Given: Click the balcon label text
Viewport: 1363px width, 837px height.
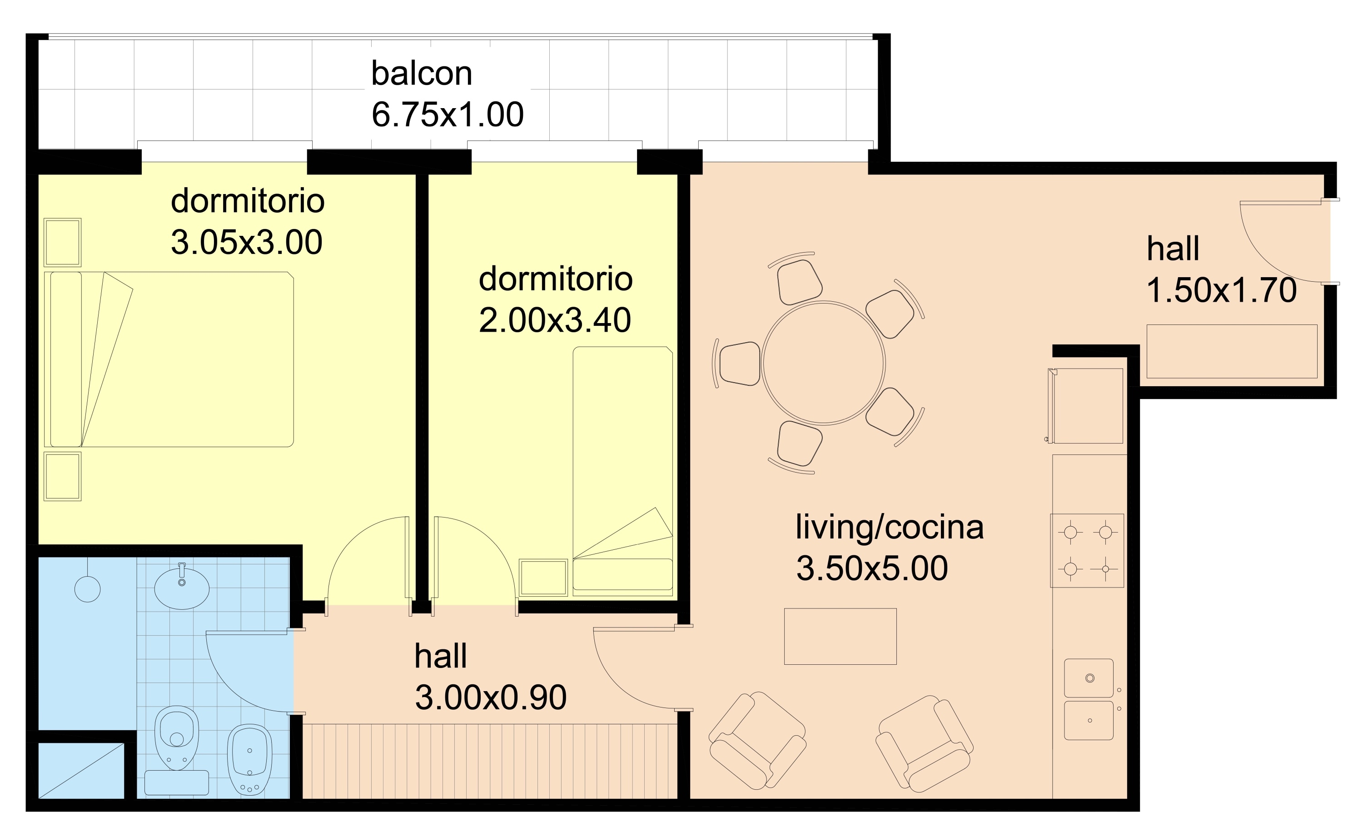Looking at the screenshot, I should pyautogui.click(x=421, y=74).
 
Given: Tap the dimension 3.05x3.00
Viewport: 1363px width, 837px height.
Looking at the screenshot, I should pyautogui.click(x=246, y=243).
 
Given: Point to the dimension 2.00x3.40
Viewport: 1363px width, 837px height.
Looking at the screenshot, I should pyautogui.click(x=554, y=320).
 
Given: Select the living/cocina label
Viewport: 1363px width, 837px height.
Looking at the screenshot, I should pyautogui.click(x=889, y=527).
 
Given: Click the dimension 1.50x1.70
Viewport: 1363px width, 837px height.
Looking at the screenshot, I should pyautogui.click(x=1221, y=290).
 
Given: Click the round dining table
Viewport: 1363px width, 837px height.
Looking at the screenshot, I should pyautogui.click(x=823, y=363).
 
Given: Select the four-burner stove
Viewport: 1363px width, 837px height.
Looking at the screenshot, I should pyautogui.click(x=1087, y=550).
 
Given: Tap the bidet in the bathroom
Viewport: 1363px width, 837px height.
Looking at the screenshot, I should pyautogui.click(x=249, y=758).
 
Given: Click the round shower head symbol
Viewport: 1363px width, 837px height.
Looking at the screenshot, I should pyautogui.click(x=87, y=589).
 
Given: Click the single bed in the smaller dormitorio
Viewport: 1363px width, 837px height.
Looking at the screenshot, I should pyautogui.click(x=622, y=471).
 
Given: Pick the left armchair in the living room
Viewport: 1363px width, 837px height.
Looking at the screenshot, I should pyautogui.click(x=757, y=741).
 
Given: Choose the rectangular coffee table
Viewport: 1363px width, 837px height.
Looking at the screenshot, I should pyautogui.click(x=840, y=636).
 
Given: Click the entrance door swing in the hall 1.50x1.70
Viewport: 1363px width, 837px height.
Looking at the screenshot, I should pyautogui.click(x=1278, y=244).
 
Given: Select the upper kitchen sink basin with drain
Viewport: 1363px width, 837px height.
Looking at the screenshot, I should pyautogui.click(x=1089, y=678).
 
